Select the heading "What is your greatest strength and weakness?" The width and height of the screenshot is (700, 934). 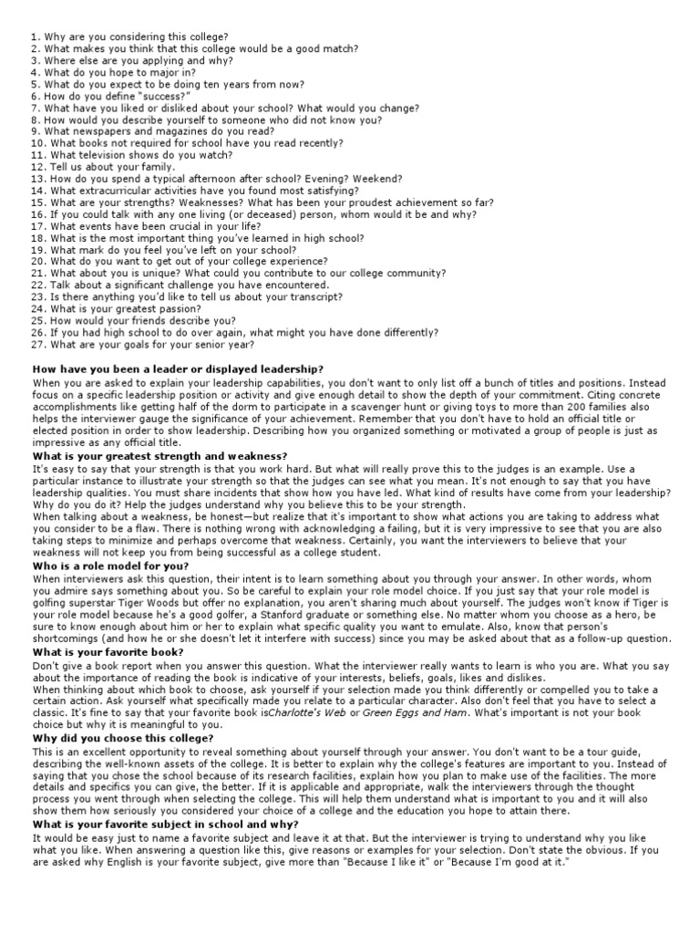click(x=160, y=455)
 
